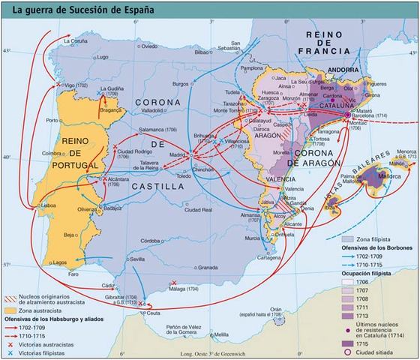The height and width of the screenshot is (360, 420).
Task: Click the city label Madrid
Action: (177, 155)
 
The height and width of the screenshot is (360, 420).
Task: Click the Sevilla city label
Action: (136, 259)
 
